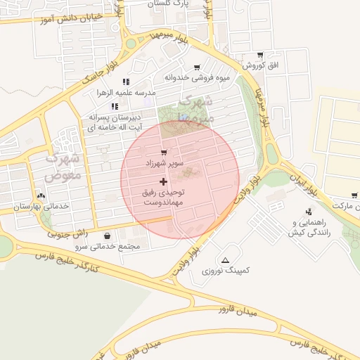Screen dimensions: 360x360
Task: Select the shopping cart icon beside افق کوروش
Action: (260, 55)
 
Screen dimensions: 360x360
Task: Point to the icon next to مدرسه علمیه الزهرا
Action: (126, 82)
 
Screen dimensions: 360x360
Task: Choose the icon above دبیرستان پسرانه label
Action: (114, 106)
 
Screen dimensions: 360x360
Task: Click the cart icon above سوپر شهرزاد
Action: (164, 152)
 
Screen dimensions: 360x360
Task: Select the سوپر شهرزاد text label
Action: (165, 163)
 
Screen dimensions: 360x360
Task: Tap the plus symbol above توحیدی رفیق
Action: (164, 181)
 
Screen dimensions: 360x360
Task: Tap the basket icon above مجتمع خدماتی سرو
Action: (106, 236)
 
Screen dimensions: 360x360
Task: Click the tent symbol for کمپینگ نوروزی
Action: (225, 260)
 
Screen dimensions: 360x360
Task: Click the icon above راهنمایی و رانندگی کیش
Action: (309, 212)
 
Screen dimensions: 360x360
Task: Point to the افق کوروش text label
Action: (261, 65)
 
